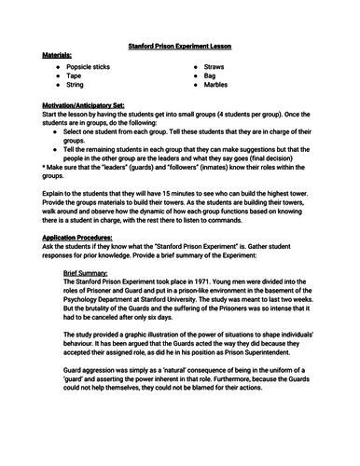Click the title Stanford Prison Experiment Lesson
click(x=180, y=45)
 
